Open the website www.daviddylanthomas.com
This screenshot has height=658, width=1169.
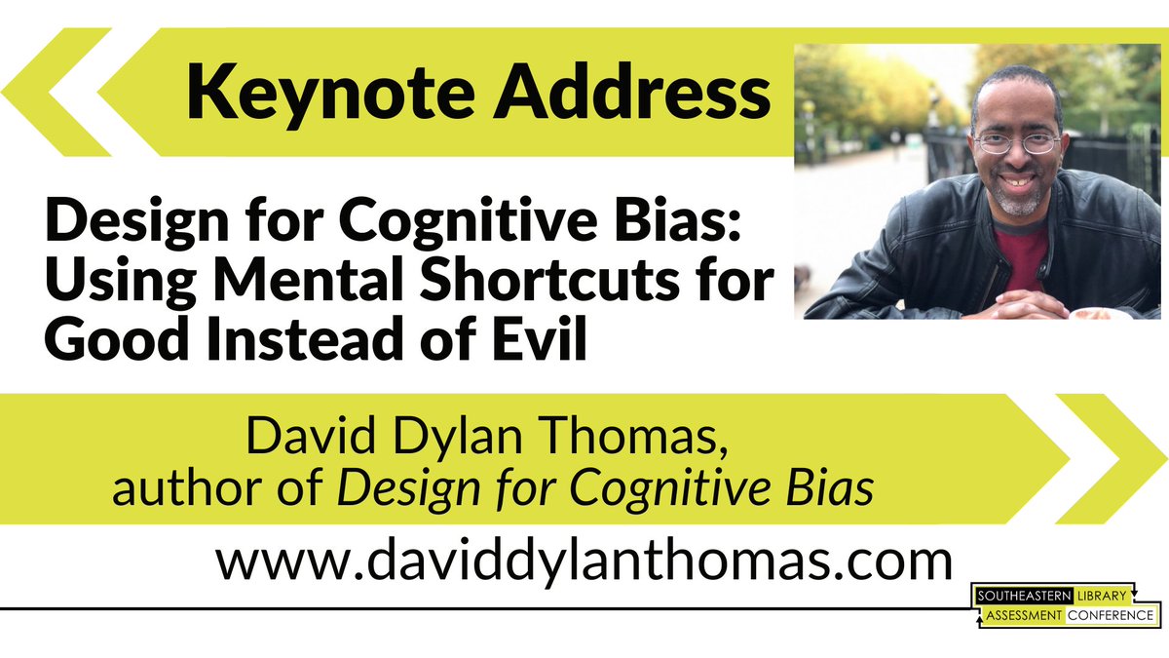click(x=583, y=562)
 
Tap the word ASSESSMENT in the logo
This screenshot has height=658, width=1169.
click(x=1020, y=615)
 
